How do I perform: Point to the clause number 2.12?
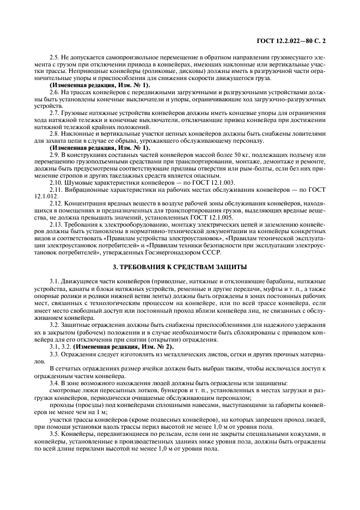tap(56, 203)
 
